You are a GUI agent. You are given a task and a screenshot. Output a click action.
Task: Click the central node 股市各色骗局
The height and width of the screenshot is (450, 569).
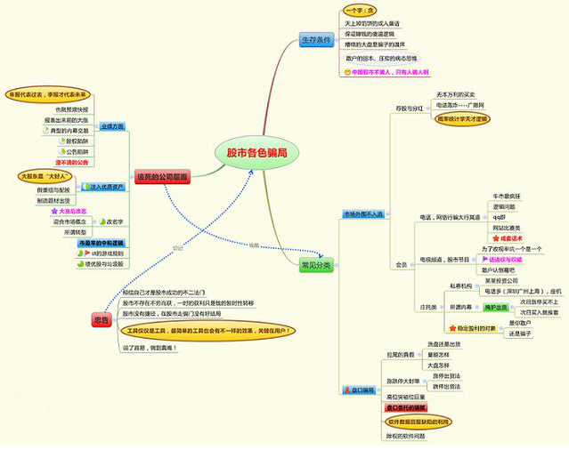[256, 153]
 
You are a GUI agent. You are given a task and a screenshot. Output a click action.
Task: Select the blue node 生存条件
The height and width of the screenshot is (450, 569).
[314, 40]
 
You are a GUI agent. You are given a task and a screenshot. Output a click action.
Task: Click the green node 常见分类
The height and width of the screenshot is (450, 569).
[315, 265]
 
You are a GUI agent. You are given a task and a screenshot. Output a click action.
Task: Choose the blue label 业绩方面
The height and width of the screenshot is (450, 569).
[112, 127]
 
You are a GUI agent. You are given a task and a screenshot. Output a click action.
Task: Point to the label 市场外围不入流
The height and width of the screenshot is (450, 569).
[362, 214]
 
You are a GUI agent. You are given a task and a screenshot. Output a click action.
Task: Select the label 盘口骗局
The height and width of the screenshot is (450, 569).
[362, 390]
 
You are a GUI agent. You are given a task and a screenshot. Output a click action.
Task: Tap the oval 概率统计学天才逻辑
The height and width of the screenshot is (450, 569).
[462, 117]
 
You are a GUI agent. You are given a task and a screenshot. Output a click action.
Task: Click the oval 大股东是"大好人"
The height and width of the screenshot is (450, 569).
[44, 177]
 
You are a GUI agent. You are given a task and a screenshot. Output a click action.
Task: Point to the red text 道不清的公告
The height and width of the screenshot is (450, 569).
[71, 163]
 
